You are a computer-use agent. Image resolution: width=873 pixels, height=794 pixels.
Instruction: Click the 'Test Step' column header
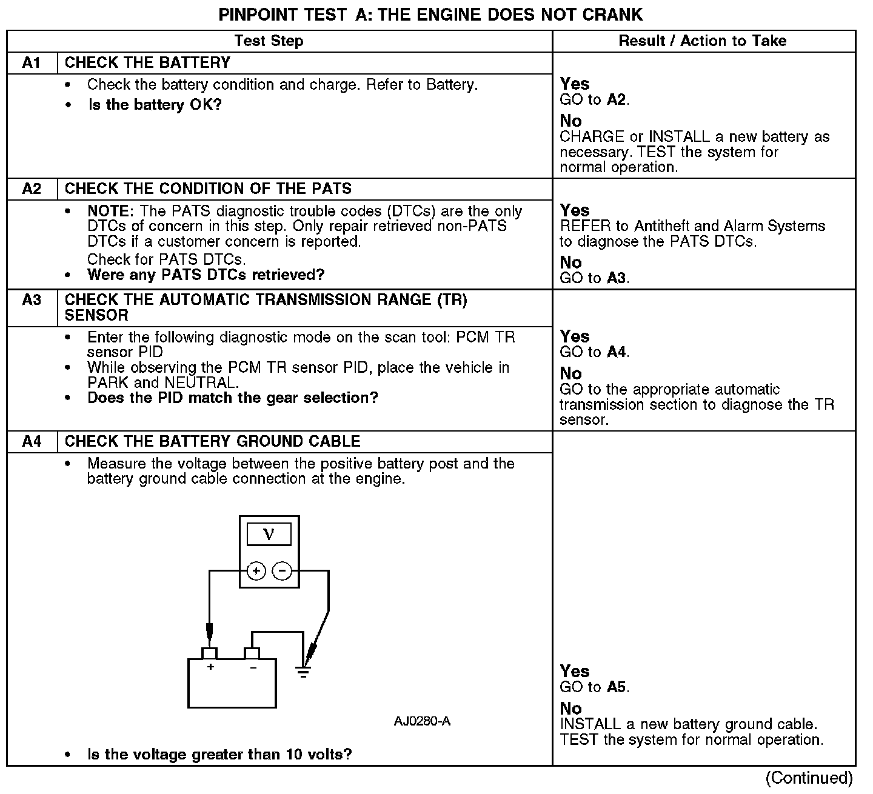click(x=269, y=41)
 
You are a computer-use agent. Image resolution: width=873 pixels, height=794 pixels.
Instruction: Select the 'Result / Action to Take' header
click(x=702, y=41)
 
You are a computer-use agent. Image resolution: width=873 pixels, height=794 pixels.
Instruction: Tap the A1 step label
click(x=32, y=62)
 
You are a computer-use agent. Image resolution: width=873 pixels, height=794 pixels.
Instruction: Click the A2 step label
click(x=32, y=188)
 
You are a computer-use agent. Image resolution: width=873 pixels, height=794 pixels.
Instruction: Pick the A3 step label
click(x=32, y=300)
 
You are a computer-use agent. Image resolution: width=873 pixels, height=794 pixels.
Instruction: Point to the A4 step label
click(x=32, y=441)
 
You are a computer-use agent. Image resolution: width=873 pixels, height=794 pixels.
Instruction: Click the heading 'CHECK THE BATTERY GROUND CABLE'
click(x=212, y=441)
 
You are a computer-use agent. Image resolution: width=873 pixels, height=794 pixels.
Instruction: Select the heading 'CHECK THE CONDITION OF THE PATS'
click(x=208, y=188)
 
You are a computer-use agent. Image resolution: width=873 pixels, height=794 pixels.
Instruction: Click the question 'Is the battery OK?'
click(x=155, y=105)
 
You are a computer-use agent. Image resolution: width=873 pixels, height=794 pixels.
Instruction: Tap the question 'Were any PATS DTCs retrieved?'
click(x=206, y=275)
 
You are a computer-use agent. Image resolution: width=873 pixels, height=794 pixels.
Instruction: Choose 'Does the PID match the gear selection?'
click(x=233, y=398)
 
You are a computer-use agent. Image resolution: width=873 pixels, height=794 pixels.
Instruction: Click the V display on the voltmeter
click(x=269, y=534)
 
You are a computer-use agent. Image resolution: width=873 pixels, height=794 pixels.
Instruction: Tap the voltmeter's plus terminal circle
click(x=256, y=571)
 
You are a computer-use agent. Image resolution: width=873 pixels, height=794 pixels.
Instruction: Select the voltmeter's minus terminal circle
click(x=282, y=571)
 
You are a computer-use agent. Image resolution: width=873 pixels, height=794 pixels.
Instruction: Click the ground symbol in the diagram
click(x=303, y=672)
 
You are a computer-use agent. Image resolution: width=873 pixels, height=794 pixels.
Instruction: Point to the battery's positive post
click(x=210, y=653)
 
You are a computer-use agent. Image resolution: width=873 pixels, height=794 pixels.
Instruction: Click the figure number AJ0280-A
click(x=422, y=721)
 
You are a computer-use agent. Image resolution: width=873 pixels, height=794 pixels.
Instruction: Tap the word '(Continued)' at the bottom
click(x=809, y=778)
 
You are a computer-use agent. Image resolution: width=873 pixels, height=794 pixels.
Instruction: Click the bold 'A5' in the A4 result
click(x=617, y=687)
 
